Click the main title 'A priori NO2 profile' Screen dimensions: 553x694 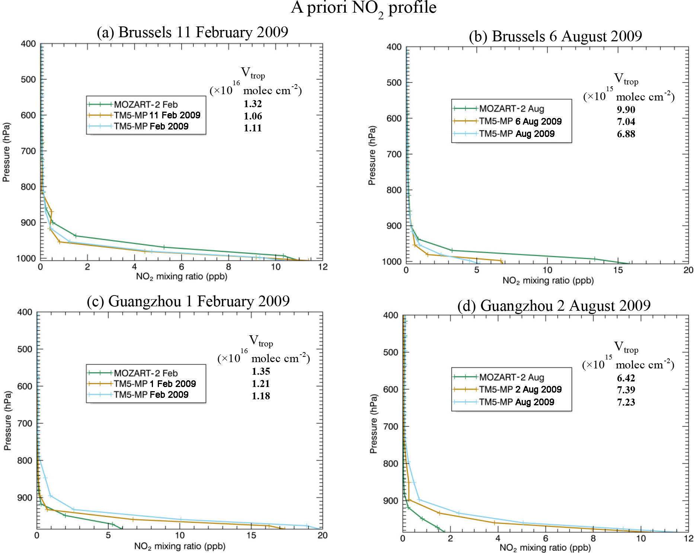(x=363, y=8)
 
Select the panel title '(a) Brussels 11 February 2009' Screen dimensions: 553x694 (x=192, y=32)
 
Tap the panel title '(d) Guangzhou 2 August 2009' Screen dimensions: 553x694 (x=554, y=306)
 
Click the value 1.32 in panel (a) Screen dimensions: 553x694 (x=253, y=104)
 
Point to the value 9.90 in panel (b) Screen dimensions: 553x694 (x=626, y=110)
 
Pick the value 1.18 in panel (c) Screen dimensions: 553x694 (x=260, y=396)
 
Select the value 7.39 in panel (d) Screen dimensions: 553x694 (x=626, y=390)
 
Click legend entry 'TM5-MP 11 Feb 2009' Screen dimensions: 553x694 (x=157, y=115)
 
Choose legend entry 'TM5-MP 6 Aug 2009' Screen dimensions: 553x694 (x=520, y=121)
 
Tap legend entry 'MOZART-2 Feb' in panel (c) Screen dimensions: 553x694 (x=145, y=373)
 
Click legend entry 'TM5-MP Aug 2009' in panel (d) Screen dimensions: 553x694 (x=516, y=402)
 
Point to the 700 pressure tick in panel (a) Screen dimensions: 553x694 (x=28, y=151)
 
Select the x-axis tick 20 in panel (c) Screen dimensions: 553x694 (x=322, y=536)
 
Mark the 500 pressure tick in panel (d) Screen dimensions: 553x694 (x=391, y=352)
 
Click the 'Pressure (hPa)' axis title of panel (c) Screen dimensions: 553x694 (x=7, y=421)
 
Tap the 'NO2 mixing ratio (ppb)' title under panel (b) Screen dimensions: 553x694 (x=548, y=281)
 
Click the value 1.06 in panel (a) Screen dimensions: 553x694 (x=253, y=116)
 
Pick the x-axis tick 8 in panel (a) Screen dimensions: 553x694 (x=228, y=267)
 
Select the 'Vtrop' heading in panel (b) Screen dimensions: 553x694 (x=626, y=79)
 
